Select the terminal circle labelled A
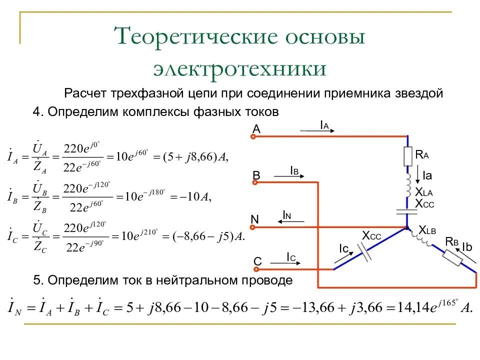tap(254, 136)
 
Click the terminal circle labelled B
tap(254, 182)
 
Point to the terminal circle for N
tap(254, 227)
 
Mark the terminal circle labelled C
tap(254, 270)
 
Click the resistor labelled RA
tap(407, 156)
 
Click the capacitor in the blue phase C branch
tap(366, 253)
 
